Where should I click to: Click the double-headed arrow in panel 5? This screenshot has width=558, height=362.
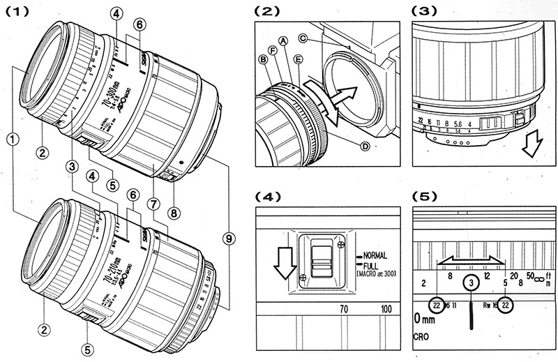pos(471,259)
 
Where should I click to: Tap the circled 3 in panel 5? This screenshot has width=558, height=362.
pos(472,282)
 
